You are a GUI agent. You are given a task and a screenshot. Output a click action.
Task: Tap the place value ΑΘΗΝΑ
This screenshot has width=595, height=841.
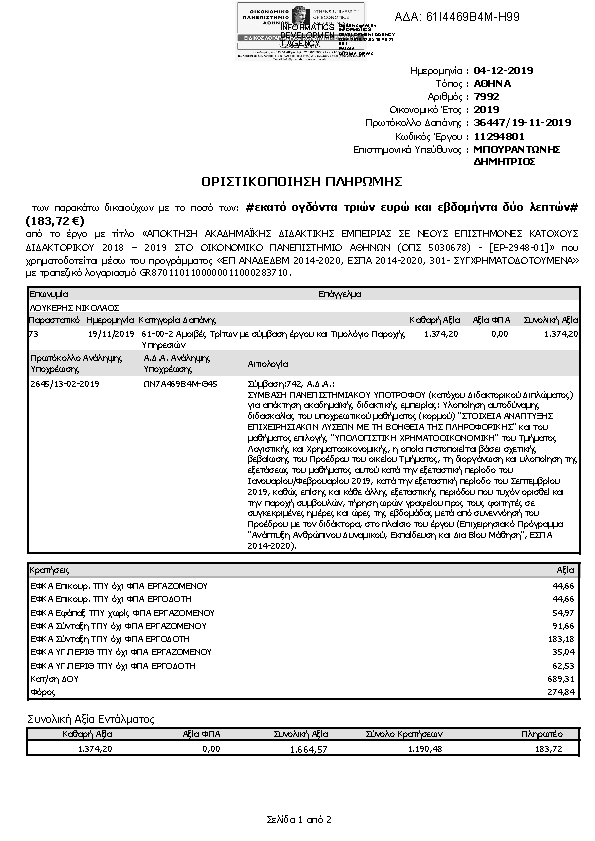494,85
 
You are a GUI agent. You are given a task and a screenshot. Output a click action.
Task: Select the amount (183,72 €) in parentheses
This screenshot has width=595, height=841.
56,219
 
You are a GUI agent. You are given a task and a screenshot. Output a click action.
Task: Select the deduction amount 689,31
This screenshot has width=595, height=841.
564,678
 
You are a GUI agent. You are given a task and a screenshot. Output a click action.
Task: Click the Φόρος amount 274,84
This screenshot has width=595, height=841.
564,691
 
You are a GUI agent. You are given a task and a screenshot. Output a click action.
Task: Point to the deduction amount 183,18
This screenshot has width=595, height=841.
564,637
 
